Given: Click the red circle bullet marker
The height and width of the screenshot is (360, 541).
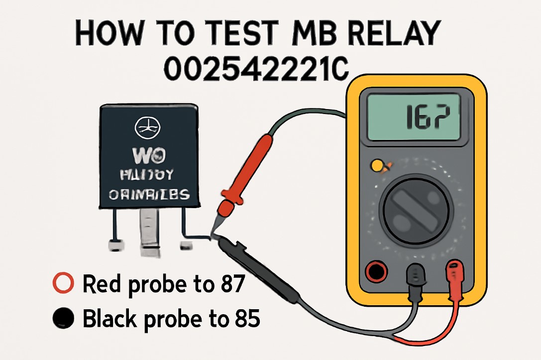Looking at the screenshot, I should tap(63, 284).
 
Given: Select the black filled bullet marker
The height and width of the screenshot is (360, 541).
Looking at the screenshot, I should tap(63, 318).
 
